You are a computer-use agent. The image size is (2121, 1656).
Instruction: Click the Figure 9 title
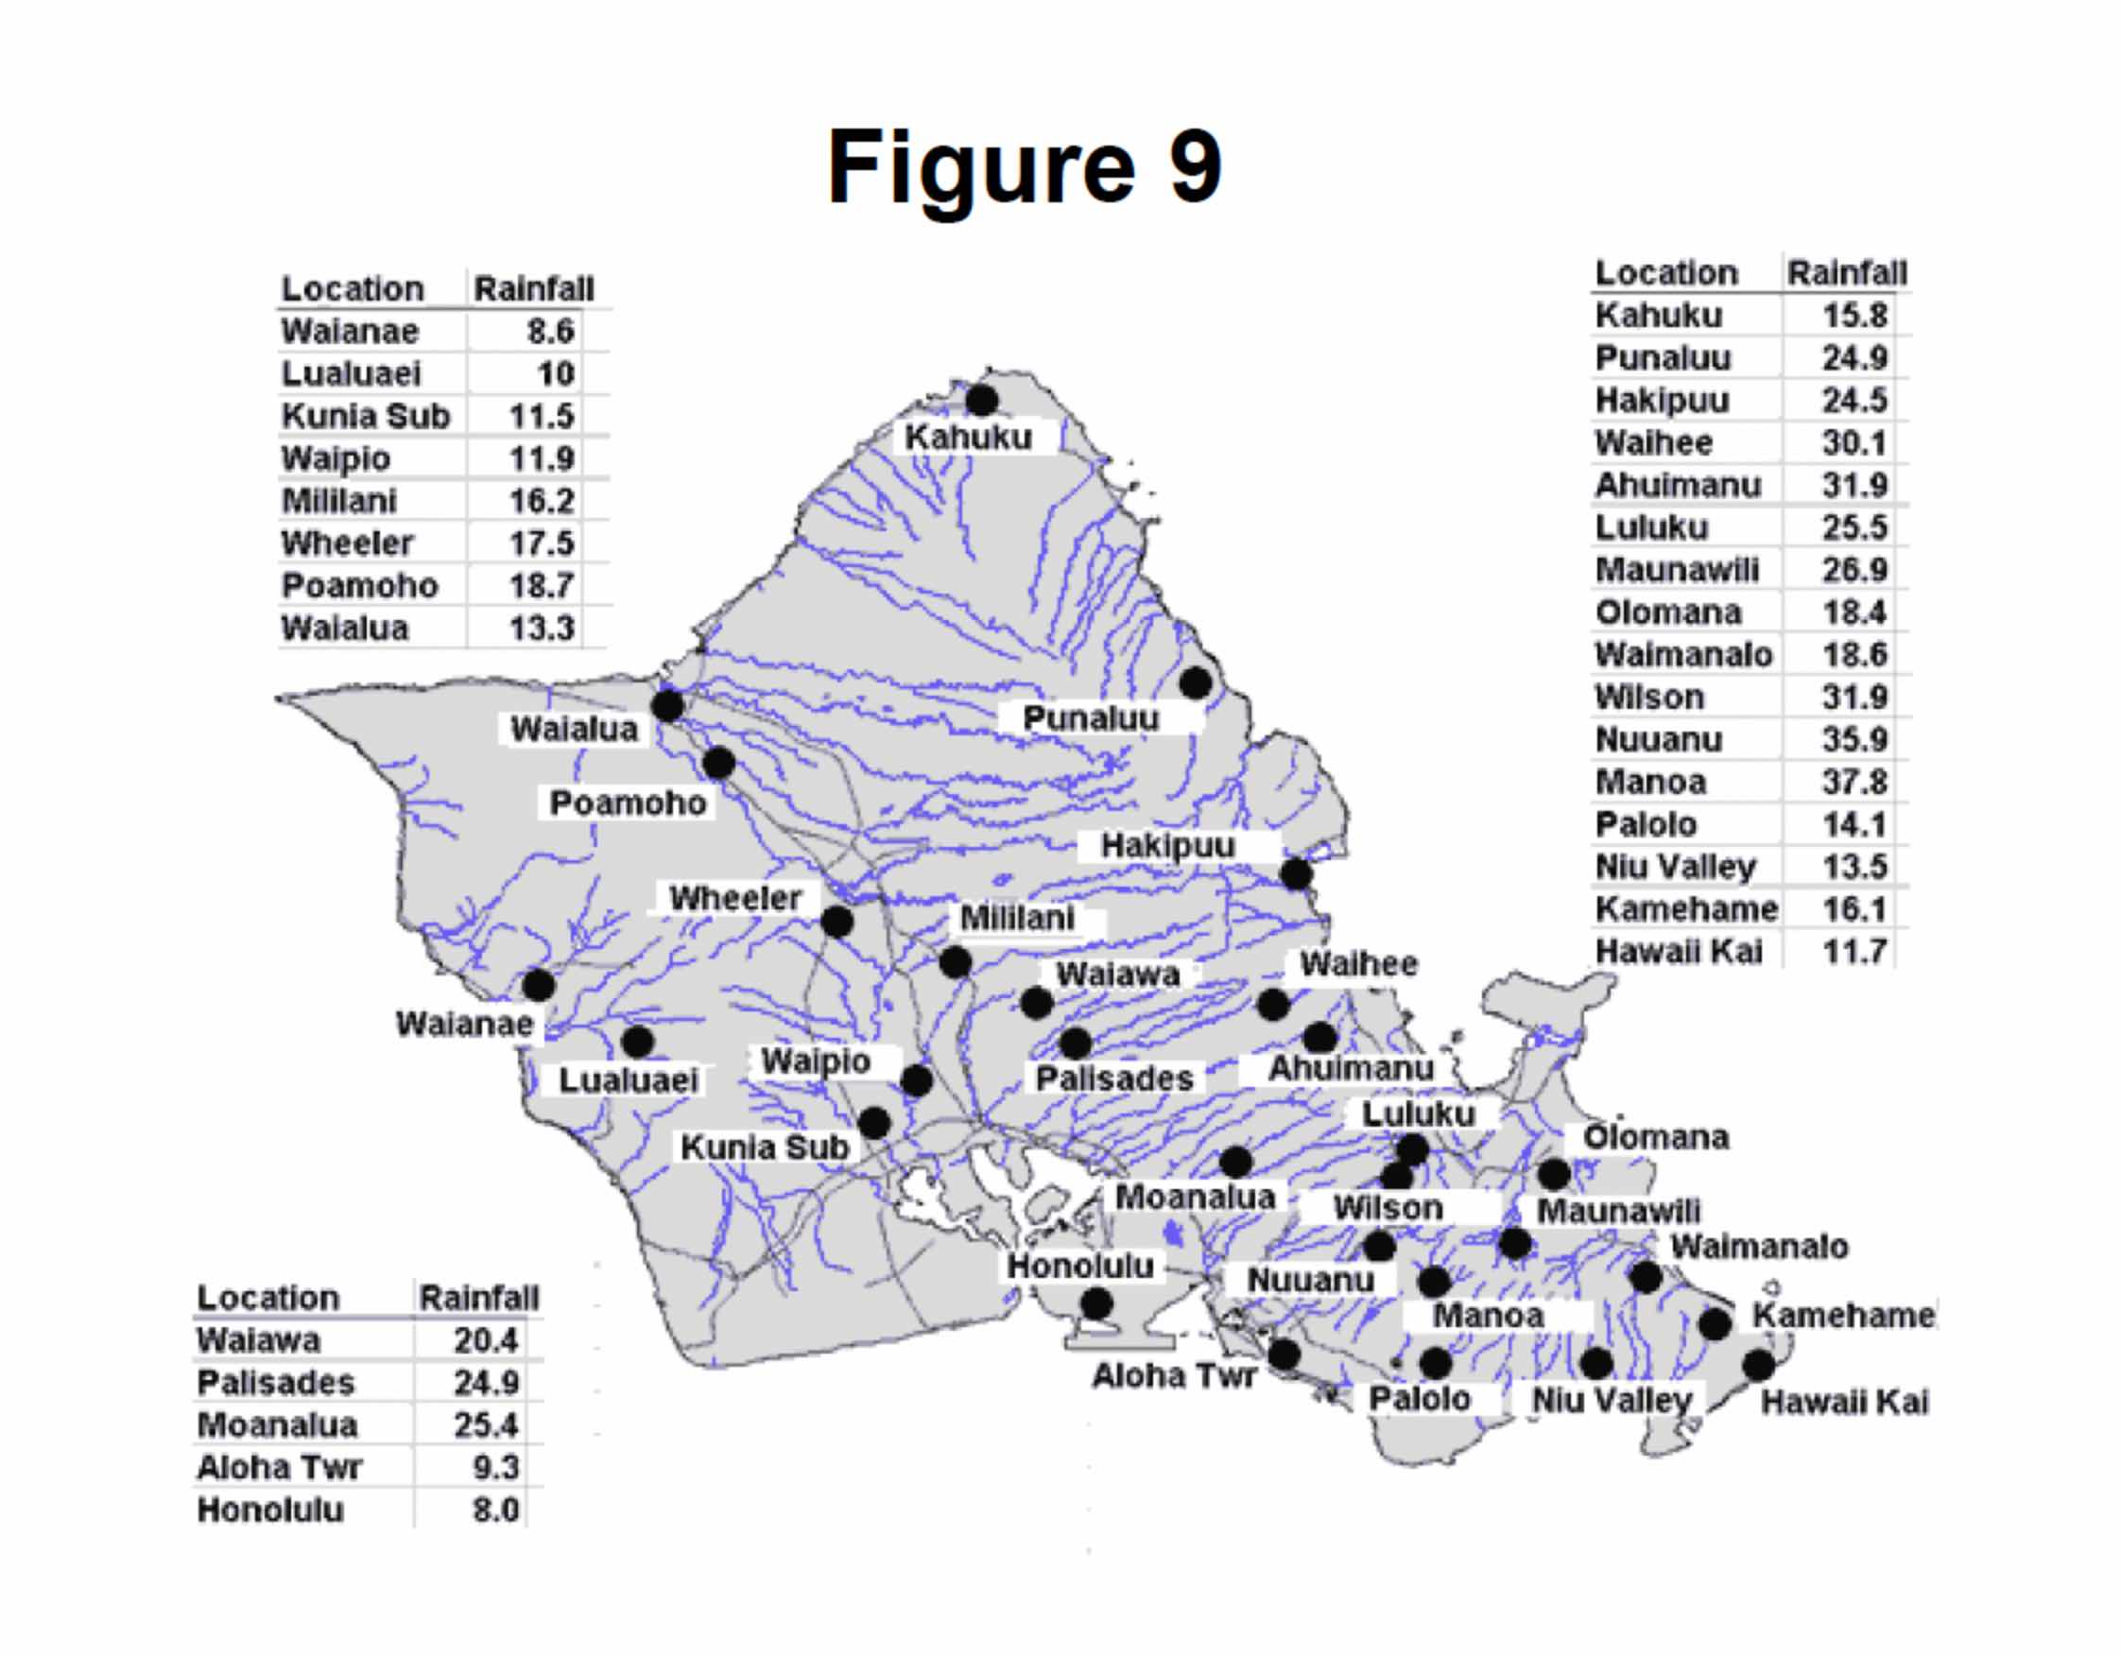tap(1024, 167)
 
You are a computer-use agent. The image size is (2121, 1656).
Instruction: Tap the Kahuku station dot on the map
tap(982, 399)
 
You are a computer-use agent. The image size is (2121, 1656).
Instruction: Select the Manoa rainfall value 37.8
tap(1853, 782)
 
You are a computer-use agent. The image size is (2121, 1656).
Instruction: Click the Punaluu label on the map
tap(1091, 718)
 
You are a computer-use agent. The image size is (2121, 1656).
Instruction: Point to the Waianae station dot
tap(538, 985)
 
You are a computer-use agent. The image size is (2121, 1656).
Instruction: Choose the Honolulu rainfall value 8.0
tap(495, 1510)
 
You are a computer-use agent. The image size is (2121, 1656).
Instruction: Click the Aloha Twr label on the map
tap(1174, 1376)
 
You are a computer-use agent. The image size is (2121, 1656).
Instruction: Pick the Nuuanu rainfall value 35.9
tap(1853, 740)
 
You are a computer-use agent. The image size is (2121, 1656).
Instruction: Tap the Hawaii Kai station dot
tap(1758, 1366)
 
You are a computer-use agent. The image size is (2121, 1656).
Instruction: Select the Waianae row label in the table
tap(350, 331)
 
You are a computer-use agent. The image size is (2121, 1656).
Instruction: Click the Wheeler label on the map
tap(735, 898)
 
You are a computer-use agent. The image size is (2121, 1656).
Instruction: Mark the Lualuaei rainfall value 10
tap(555, 374)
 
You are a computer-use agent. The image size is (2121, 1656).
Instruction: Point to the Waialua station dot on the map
tap(667, 706)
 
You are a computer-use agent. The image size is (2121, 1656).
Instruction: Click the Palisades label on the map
tap(1114, 1079)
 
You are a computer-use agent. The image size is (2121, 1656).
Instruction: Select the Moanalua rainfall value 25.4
tap(486, 1424)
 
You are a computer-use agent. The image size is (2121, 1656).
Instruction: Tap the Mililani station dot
tap(955, 962)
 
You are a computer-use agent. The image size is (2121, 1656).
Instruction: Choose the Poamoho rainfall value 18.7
tap(541, 586)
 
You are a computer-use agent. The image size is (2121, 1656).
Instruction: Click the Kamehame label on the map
tap(1842, 1316)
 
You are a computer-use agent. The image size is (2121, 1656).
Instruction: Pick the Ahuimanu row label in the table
tap(1677, 485)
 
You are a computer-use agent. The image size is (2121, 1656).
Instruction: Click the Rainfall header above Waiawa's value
tap(478, 1298)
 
